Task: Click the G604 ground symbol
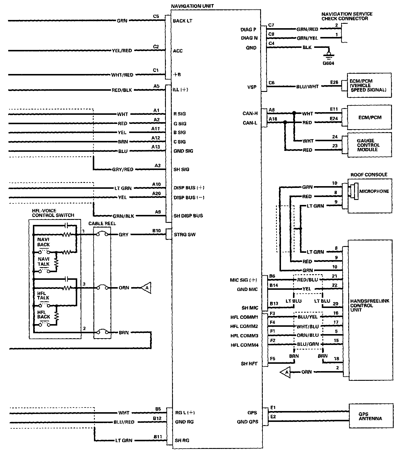pos(329,55)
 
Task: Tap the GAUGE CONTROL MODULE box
pos(369,145)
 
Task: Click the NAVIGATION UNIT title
pos(192,6)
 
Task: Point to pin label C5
pos(156,16)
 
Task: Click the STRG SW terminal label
pos(185,235)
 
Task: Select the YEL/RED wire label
pos(122,50)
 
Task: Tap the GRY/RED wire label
pos(122,169)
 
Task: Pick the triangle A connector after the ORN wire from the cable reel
pos(146,288)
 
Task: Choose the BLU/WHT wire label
pos(307,87)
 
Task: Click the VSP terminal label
pos(252,87)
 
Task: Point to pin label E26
pos(334,82)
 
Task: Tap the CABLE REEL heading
pos(102,223)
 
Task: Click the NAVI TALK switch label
pos(43,262)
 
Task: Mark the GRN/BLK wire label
pos(123,216)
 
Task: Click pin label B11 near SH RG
pos(158,437)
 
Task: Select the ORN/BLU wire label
pos(307,335)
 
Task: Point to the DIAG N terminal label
pos(249,38)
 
